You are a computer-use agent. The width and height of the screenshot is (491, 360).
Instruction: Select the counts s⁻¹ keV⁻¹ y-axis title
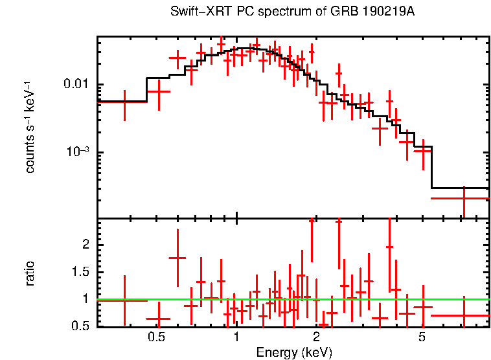click(30, 127)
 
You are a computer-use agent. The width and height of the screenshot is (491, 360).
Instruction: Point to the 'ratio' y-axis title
click(30, 273)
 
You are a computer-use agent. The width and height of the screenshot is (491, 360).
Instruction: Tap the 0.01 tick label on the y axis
click(77, 84)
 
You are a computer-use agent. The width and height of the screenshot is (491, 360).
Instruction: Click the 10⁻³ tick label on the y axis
click(78, 152)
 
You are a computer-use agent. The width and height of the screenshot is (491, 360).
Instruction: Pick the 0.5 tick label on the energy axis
click(156, 337)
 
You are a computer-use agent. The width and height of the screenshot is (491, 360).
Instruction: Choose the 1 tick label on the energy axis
click(236, 337)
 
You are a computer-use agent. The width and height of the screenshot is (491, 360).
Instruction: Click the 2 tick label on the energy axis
click(316, 337)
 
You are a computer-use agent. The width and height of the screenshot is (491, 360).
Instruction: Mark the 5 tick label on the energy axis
click(422, 337)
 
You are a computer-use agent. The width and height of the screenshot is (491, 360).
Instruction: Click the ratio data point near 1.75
click(177, 258)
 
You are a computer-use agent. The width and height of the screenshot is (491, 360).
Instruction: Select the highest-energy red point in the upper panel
click(464, 198)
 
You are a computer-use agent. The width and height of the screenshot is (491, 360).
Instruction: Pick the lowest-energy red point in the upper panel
click(124, 101)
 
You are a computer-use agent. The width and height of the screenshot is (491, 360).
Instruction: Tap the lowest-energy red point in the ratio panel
click(124, 300)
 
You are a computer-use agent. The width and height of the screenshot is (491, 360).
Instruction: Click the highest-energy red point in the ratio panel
click(464, 315)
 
